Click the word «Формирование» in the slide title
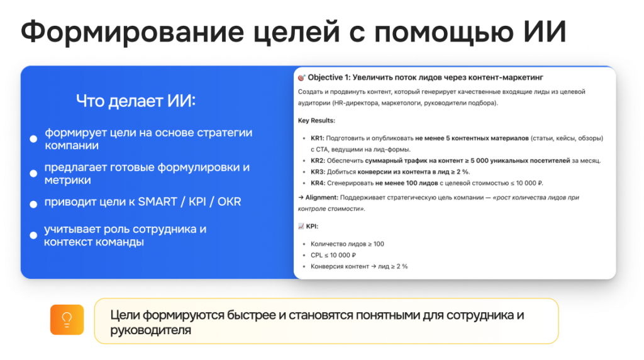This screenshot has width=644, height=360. click(133, 33)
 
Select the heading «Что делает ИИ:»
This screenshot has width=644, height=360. click(136, 101)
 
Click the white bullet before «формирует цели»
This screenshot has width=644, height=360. click(34, 139)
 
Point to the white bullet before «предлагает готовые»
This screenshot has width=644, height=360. click(34, 174)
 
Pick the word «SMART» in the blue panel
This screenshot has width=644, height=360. click(157, 202)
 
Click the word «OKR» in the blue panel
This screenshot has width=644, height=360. click(229, 202)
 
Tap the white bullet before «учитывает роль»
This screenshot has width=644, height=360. click(34, 235)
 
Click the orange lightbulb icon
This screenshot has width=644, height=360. click(67, 320)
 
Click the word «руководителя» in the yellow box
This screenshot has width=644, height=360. click(151, 330)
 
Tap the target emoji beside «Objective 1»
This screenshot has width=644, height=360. click(302, 77)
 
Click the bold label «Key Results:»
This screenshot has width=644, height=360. click(317, 120)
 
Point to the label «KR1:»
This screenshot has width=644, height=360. click(318, 138)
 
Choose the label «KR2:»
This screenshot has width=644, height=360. click(318, 160)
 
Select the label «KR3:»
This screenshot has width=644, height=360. click(318, 172)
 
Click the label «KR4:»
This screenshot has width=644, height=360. click(318, 183)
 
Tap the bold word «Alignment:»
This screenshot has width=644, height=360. click(322, 197)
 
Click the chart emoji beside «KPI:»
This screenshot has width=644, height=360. click(301, 226)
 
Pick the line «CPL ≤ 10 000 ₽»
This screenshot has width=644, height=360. click(333, 255)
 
